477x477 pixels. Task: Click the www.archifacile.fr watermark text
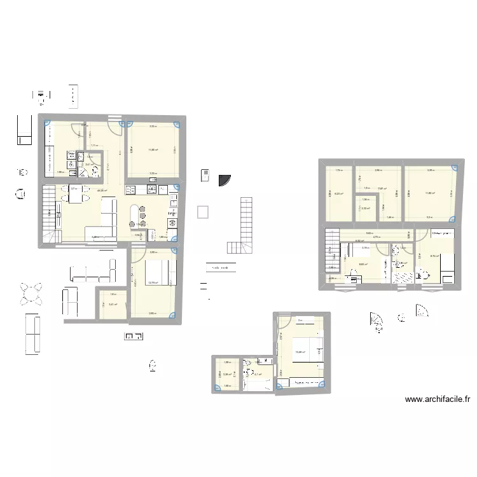(x=437, y=400)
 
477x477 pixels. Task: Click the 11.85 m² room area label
(x=153, y=150)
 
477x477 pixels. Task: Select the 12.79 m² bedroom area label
(x=153, y=283)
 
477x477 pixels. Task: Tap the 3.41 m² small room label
(x=113, y=305)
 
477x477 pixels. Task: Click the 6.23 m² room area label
(x=339, y=194)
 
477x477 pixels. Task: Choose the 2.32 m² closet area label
(x=366, y=208)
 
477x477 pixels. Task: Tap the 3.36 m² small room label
(x=226, y=375)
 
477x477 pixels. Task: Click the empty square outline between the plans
(x=204, y=212)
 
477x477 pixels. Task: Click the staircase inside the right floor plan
(x=333, y=250)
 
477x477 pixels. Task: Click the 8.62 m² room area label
(x=364, y=265)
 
